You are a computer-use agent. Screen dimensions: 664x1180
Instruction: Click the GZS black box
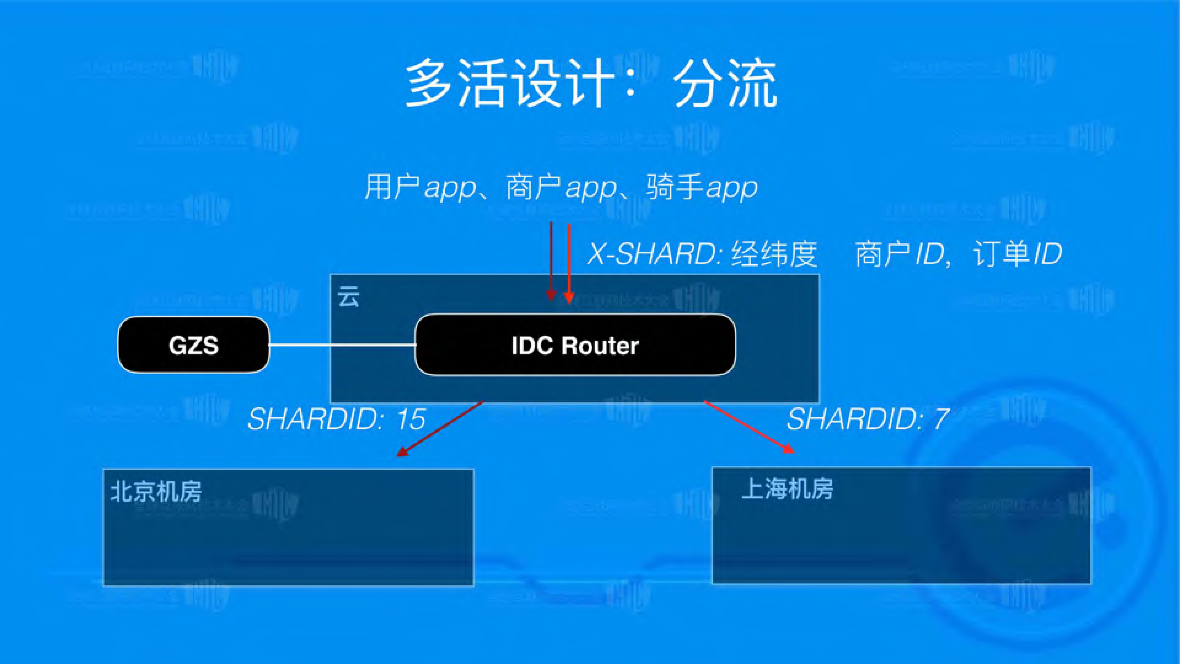click(x=193, y=345)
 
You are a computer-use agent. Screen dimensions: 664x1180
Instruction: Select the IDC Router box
click(x=575, y=345)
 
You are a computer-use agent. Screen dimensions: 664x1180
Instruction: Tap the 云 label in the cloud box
click(x=348, y=297)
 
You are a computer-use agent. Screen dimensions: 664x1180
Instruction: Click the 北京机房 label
click(x=156, y=492)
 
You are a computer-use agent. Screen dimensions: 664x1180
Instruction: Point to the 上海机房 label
click(x=787, y=489)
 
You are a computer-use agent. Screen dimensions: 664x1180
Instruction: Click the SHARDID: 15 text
click(x=336, y=419)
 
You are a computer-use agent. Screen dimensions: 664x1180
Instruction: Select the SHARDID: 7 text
click(x=867, y=419)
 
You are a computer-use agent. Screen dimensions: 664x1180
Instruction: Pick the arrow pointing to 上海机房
click(x=749, y=427)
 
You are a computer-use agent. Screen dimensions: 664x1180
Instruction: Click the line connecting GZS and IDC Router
click(x=342, y=344)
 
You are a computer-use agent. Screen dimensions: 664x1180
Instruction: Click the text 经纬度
click(x=774, y=254)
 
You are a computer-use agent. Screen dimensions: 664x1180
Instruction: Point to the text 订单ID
click(x=1017, y=254)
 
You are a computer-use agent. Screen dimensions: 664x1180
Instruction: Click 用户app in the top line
click(x=420, y=187)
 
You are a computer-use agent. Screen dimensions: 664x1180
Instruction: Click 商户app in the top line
click(x=561, y=187)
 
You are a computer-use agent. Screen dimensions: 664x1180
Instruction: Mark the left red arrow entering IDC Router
click(x=551, y=261)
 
